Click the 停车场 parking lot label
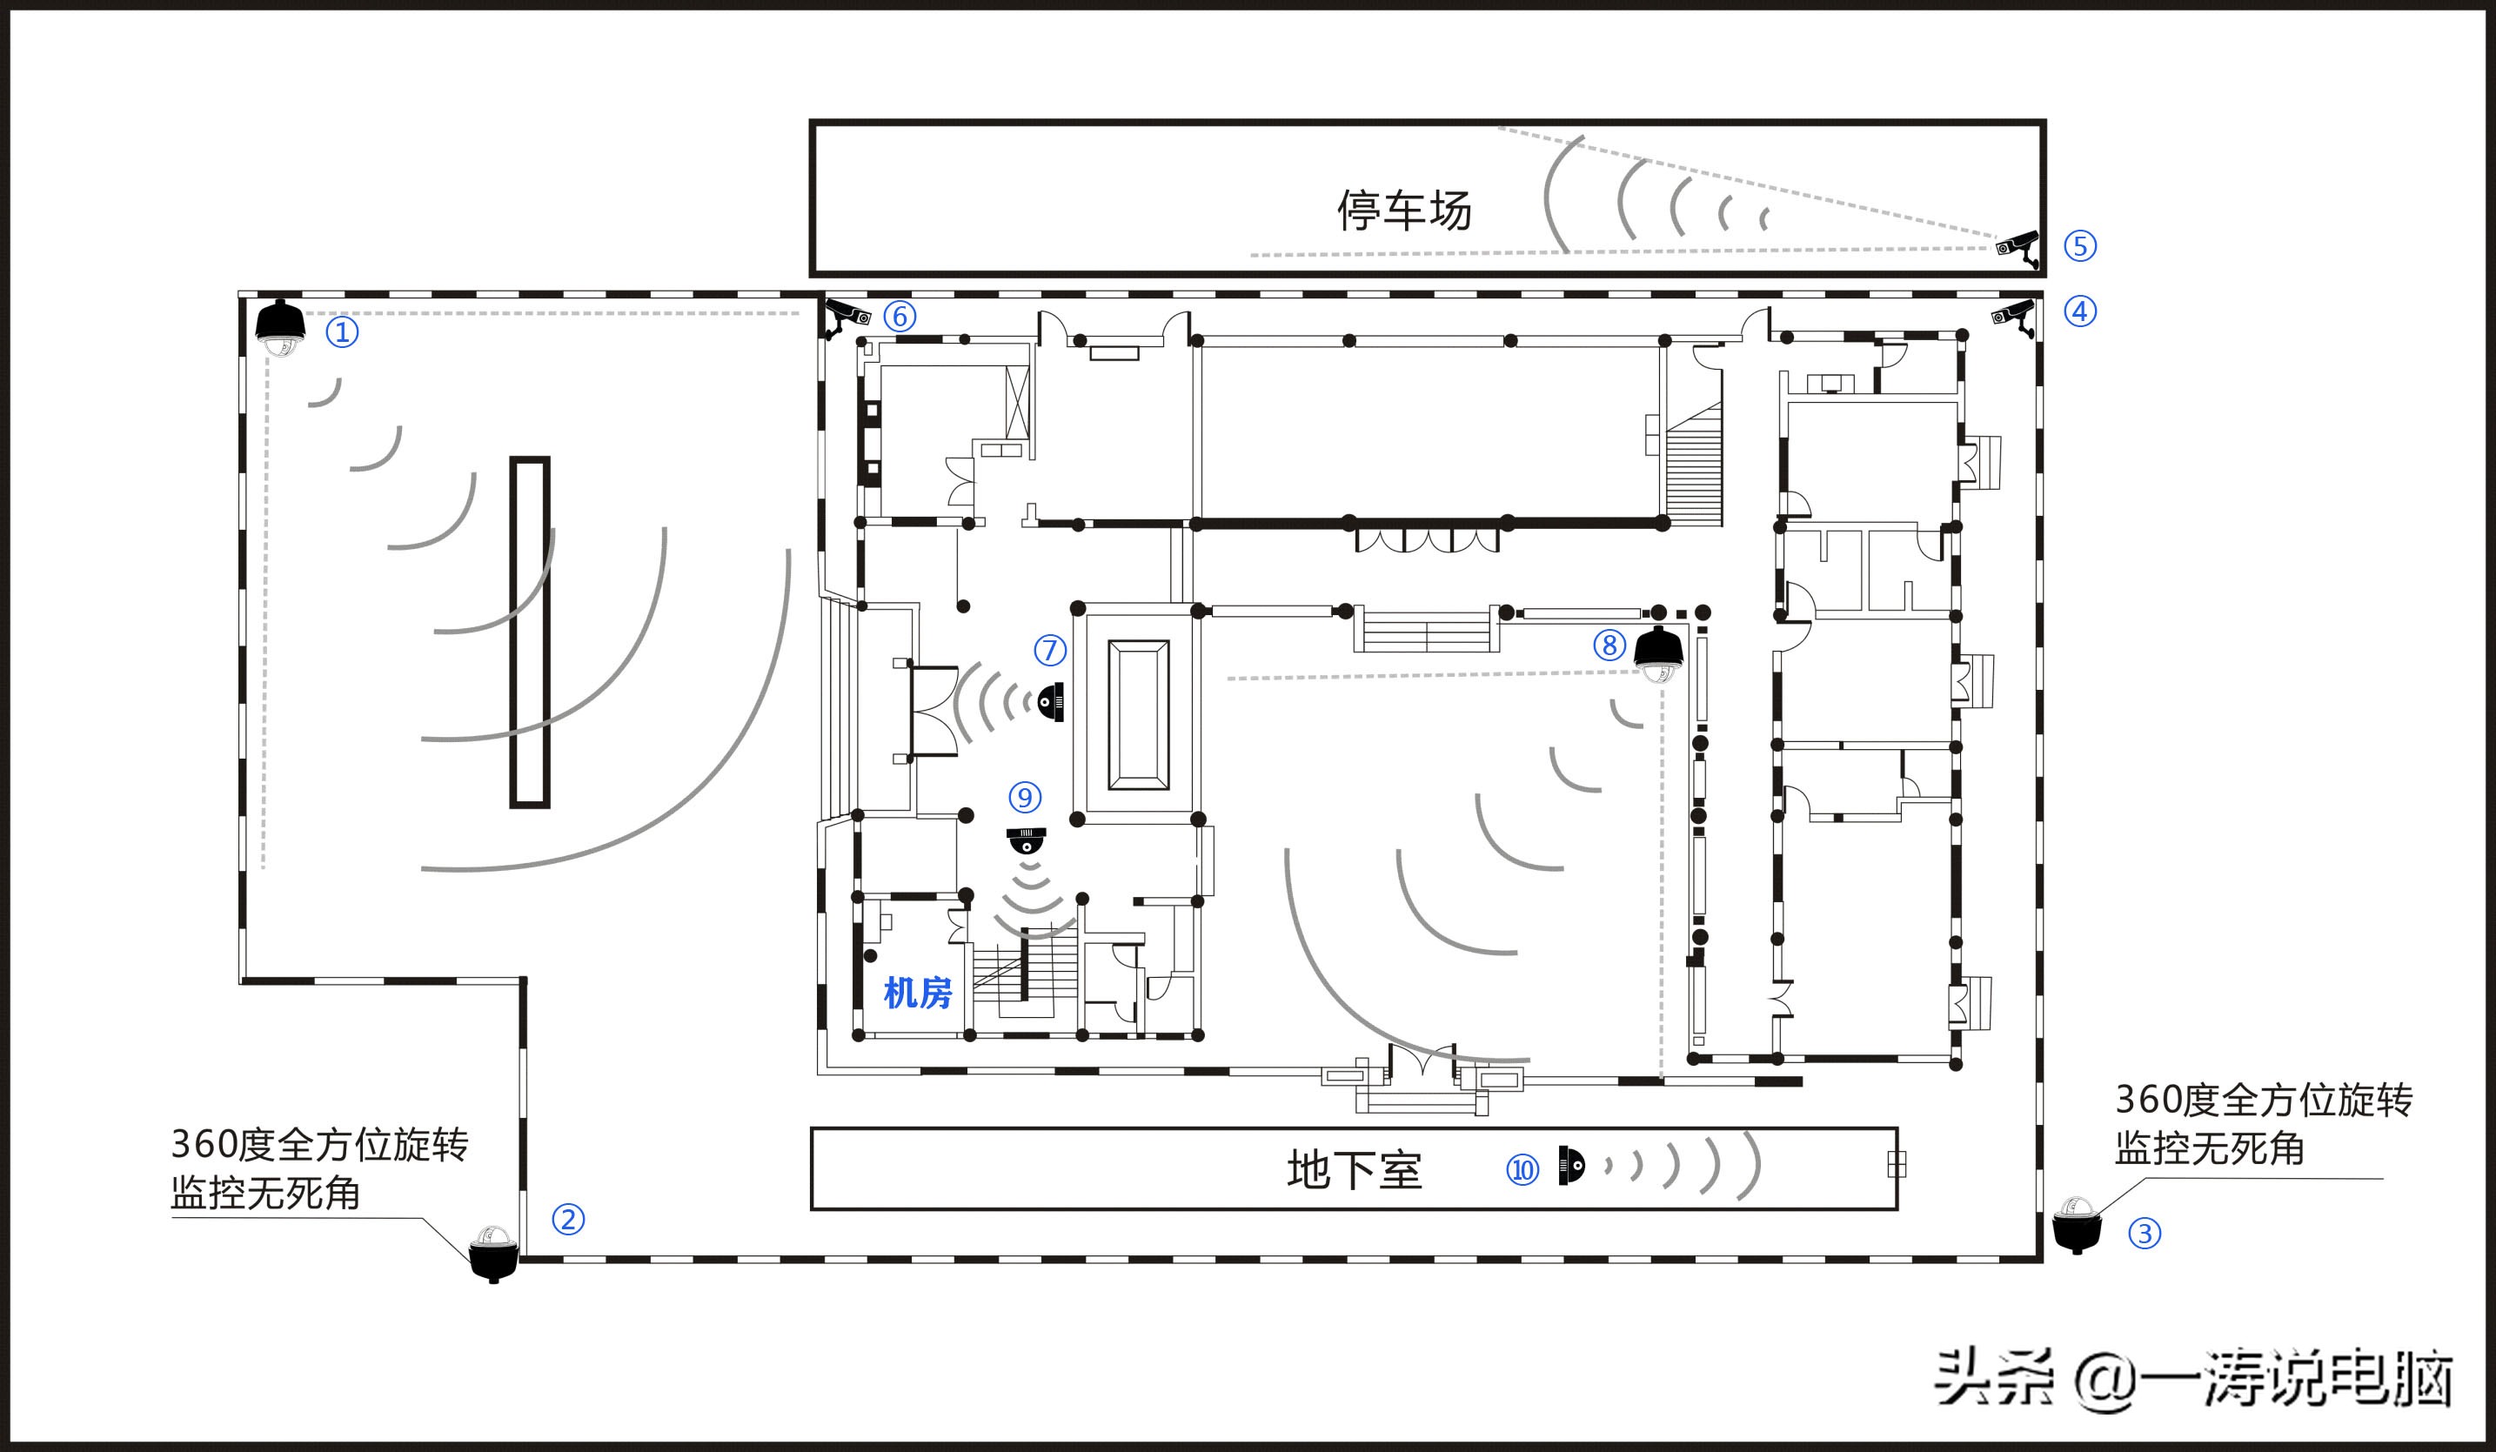[x=1403, y=211]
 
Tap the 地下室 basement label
[x=1353, y=1171]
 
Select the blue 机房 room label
[x=917, y=993]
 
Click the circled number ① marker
[x=342, y=331]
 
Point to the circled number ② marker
[x=567, y=1219]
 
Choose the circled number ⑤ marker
[x=2080, y=245]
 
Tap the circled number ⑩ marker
[x=1522, y=1171]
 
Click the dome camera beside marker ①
[x=280, y=328]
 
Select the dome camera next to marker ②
[x=492, y=1253]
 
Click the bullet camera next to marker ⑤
[x=2018, y=248]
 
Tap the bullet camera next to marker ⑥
[x=846, y=316]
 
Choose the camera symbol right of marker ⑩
[x=1571, y=1165]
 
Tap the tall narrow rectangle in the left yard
[x=530, y=632]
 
